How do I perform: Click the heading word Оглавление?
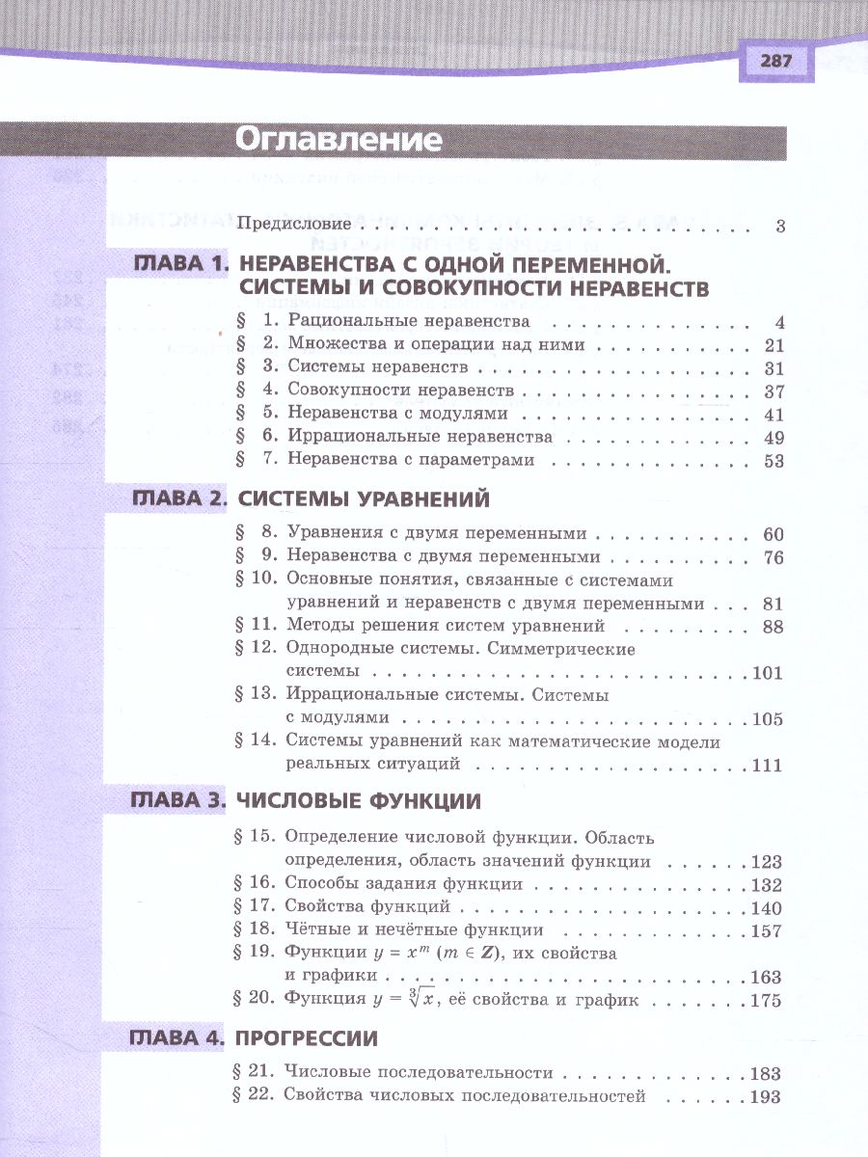coord(339,140)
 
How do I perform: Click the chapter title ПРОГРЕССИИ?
coord(307,1038)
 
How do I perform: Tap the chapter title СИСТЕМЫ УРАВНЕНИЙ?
coord(364,499)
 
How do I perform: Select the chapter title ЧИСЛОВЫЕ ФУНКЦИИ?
coord(359,801)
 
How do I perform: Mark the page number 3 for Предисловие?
coord(780,228)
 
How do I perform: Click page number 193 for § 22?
coord(766,1096)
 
